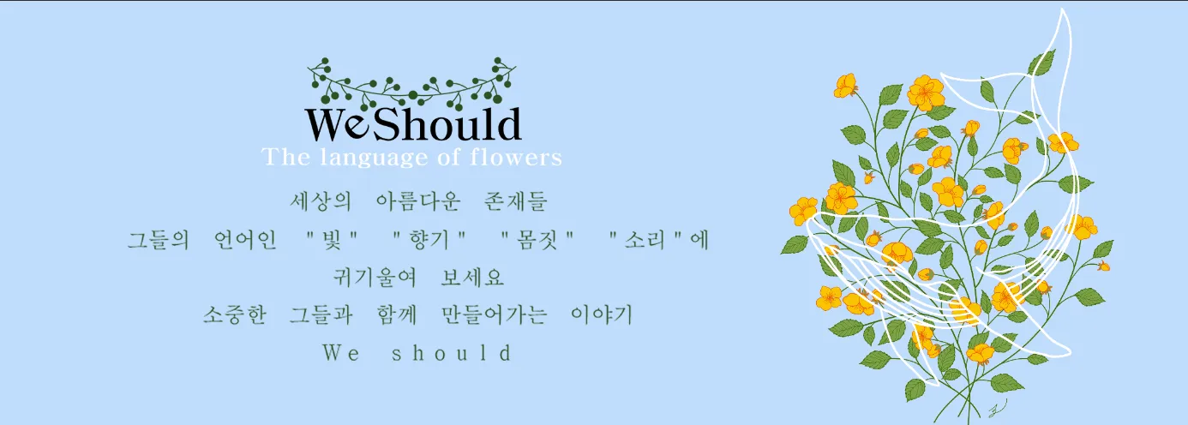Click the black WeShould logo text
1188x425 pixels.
(x=413, y=124)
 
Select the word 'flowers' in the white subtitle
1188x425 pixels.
(x=516, y=158)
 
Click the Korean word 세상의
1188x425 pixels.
(x=321, y=201)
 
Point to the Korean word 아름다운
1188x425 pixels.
(x=418, y=201)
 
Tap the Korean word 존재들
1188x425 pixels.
(x=515, y=201)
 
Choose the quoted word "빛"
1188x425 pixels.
(x=333, y=240)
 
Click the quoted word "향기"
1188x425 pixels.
(x=429, y=240)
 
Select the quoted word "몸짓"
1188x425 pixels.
(x=537, y=240)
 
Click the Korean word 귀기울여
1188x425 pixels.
(x=375, y=277)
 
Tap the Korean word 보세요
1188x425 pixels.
(x=472, y=277)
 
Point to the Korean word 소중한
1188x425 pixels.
(x=234, y=314)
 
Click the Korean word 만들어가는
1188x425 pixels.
(x=495, y=314)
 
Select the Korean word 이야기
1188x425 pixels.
(x=602, y=314)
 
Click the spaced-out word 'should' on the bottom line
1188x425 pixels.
(x=452, y=353)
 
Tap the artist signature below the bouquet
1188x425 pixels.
(x=997, y=408)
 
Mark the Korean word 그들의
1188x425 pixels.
(x=159, y=240)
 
